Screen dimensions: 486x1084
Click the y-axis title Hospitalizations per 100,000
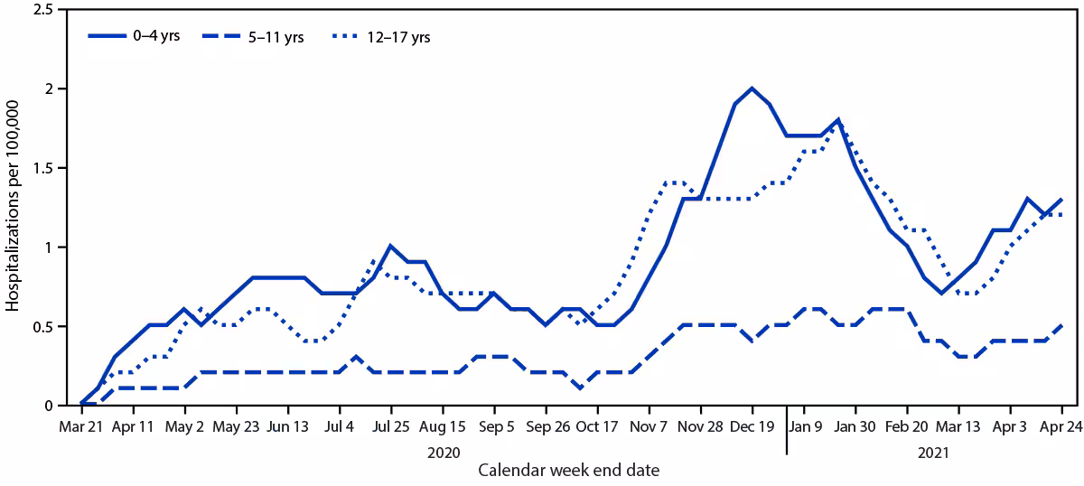pyautogui.click(x=14, y=207)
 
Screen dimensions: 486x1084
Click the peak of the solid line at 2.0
pyautogui.click(x=752, y=89)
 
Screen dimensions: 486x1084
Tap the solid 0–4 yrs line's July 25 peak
pyautogui.click(x=390, y=246)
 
